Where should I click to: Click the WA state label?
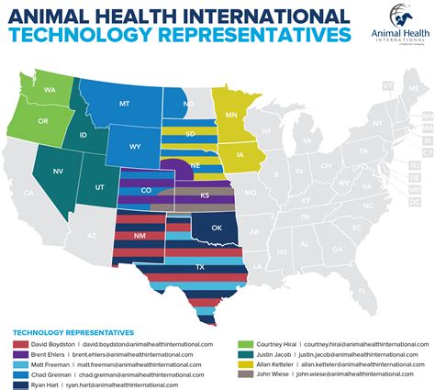coord(49,89)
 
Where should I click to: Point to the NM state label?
coord(139,236)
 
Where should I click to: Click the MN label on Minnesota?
coord(233,115)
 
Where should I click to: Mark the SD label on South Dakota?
coord(190,133)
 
